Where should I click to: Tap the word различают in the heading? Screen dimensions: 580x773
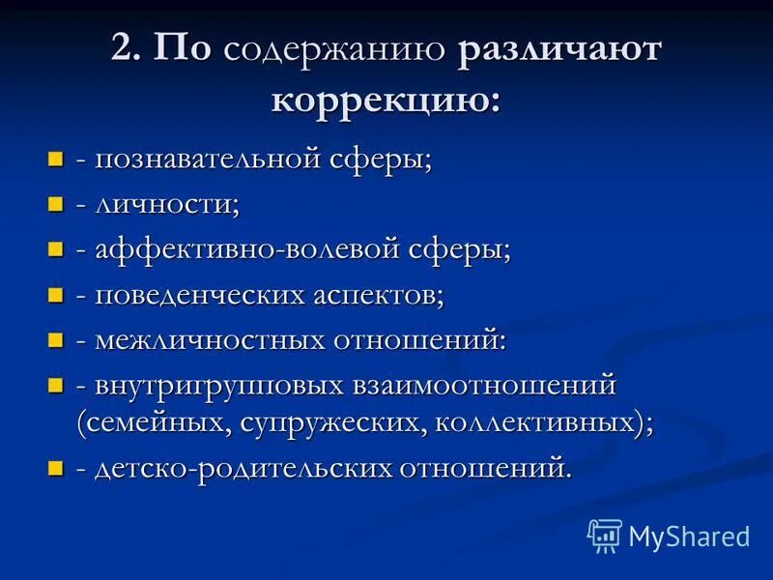tap(560, 51)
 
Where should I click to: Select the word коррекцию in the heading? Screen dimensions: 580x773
tap(386, 101)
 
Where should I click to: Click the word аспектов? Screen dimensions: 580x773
tap(378, 295)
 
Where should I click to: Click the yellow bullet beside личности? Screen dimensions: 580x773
tap(56, 204)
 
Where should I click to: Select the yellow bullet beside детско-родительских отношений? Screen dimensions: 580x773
tap(56, 469)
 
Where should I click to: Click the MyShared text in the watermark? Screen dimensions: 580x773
tap(689, 536)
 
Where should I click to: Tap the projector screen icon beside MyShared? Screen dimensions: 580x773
tap(604, 536)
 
